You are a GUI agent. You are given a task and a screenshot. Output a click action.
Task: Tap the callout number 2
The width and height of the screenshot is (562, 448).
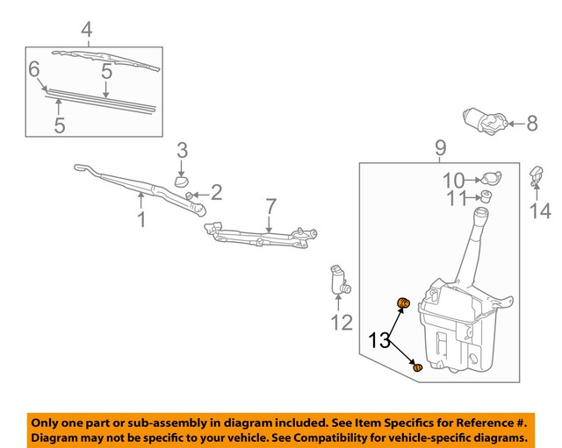point(215,192)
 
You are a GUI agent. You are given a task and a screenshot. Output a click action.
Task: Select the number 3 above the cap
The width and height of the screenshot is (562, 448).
point(183,150)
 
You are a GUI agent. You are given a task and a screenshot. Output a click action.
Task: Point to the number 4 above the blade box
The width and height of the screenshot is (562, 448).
point(86,31)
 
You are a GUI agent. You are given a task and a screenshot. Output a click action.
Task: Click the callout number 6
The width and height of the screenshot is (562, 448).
point(34,68)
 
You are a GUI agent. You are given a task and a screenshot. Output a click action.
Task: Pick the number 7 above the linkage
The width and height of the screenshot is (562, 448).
point(271,207)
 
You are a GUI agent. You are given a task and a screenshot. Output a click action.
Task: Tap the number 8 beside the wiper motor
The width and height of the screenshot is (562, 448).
point(531,124)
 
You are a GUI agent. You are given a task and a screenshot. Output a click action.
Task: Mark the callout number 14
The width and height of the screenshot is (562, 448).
point(539,210)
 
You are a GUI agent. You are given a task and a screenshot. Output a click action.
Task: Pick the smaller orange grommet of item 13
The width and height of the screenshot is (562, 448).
point(418,366)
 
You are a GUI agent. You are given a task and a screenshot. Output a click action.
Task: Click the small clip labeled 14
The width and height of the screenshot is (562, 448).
point(535,174)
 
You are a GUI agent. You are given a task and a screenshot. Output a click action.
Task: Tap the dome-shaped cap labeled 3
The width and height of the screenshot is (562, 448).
point(182,181)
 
